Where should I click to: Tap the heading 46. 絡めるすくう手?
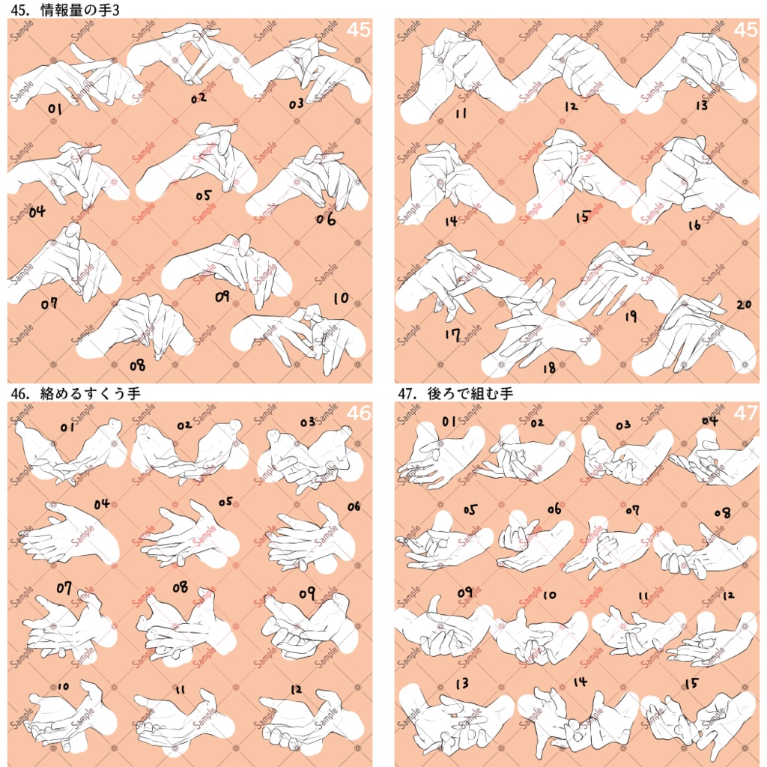click(76, 392)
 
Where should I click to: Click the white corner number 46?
click(358, 413)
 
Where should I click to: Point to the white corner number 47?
click(745, 413)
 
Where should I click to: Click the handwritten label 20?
click(743, 305)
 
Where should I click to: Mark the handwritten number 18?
click(549, 367)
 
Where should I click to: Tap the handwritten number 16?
click(694, 225)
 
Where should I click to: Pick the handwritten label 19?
click(631, 317)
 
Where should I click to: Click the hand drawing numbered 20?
click(693, 337)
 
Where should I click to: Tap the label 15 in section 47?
click(692, 683)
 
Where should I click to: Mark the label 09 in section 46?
click(306, 593)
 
